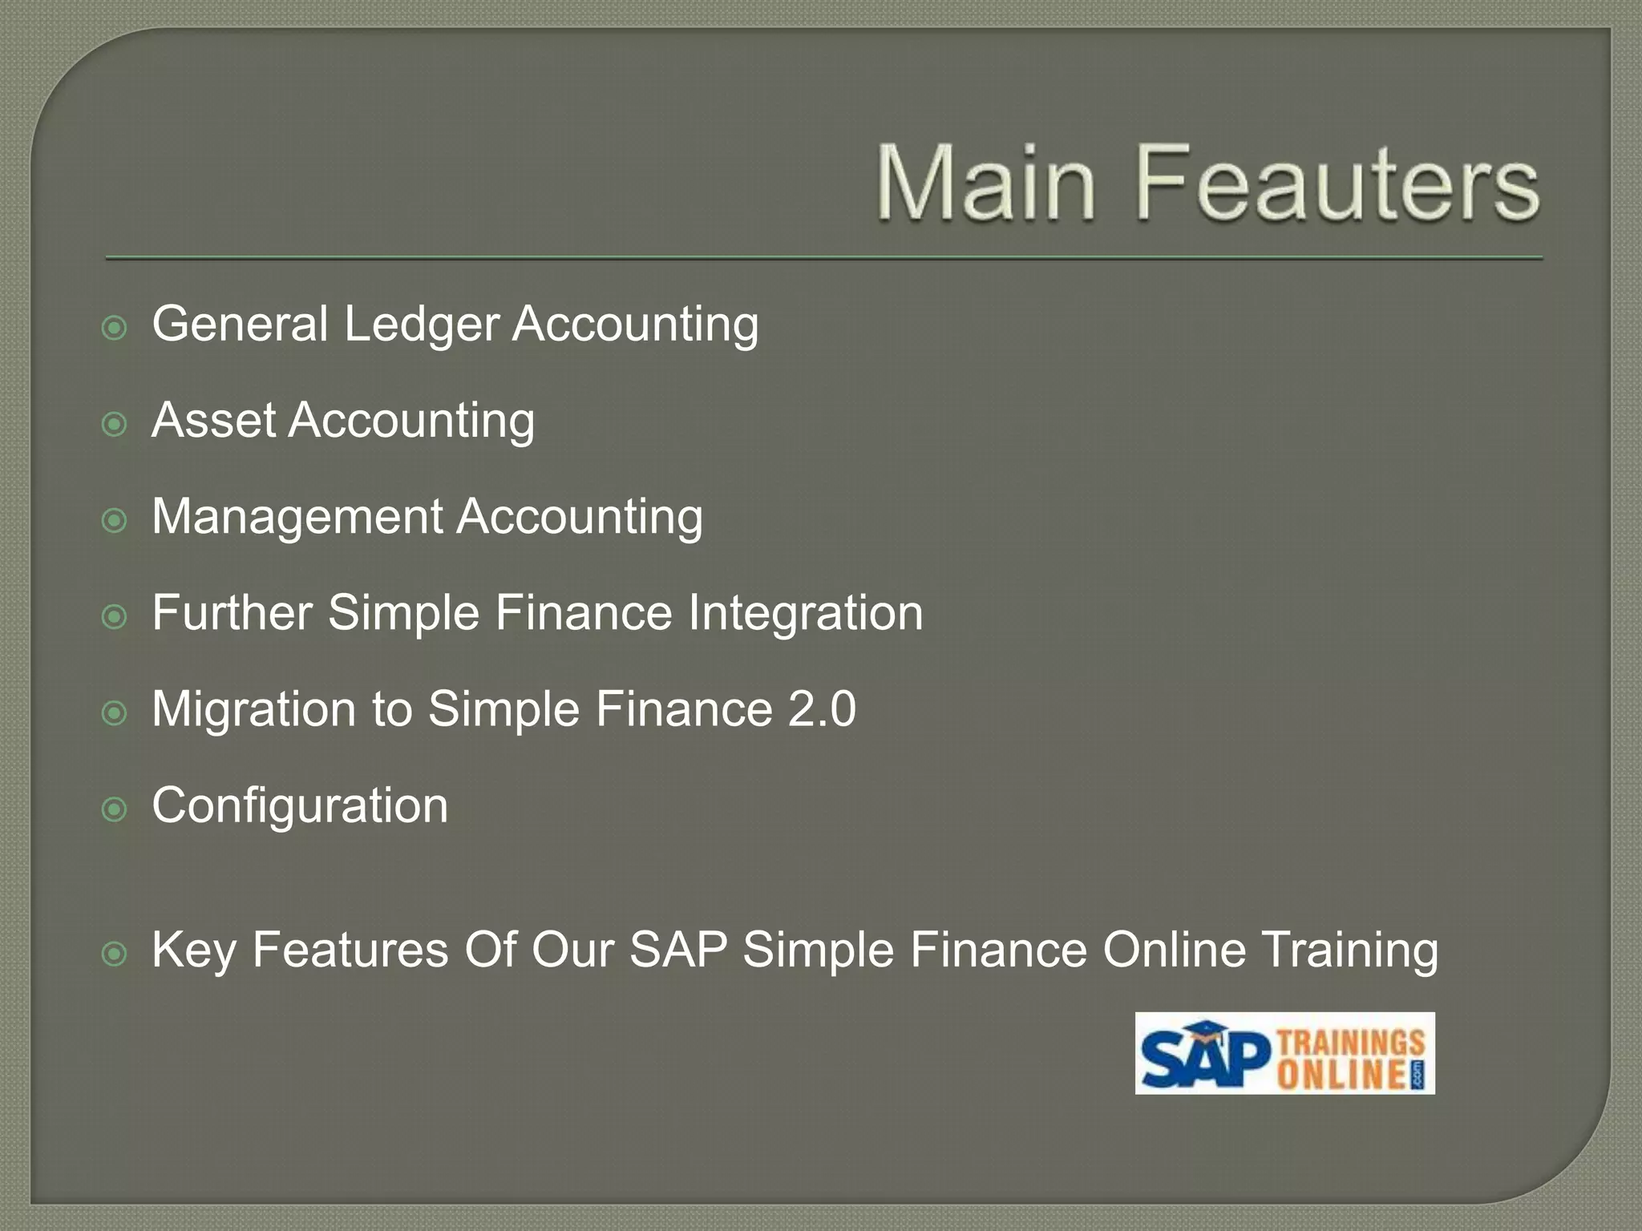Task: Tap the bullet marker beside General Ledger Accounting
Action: (x=115, y=327)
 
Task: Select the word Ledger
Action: (x=421, y=325)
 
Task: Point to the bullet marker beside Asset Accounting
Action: (x=115, y=424)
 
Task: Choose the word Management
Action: (x=297, y=518)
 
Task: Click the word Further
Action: (x=232, y=613)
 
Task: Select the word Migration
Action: (x=253, y=710)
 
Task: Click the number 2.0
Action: (x=822, y=709)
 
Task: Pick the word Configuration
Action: (x=300, y=806)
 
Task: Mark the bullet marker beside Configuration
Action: (x=115, y=809)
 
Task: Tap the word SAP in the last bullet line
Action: (x=678, y=950)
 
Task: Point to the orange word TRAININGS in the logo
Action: (x=1350, y=1042)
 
